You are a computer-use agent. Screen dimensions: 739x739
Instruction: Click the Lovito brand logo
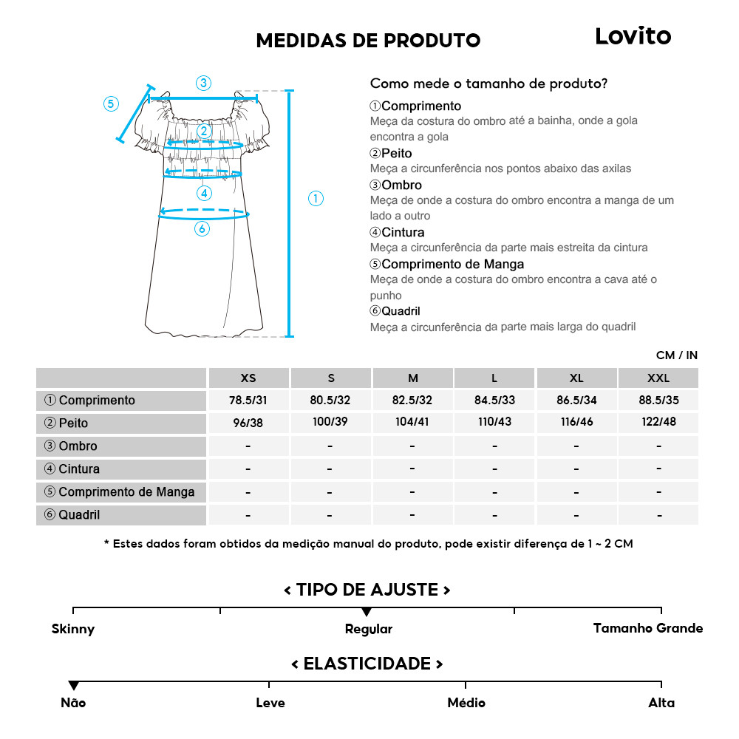pos(633,36)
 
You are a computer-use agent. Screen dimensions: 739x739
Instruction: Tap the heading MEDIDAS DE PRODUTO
pos(368,41)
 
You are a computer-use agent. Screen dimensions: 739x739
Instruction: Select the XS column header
pos(248,378)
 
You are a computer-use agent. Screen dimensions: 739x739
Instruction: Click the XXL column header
pos(658,378)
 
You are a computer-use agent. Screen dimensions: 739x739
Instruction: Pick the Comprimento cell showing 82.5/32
pos(412,401)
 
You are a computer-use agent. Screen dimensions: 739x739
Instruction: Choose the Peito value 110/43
pos(494,423)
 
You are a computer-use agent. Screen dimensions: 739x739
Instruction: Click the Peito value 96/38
pos(248,423)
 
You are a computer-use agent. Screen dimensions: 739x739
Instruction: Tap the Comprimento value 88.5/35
pos(658,401)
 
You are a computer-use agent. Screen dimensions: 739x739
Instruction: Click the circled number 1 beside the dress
pos(316,198)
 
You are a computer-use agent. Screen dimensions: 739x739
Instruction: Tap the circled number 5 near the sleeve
pos(111,103)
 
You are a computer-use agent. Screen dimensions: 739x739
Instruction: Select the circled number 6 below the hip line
pos(202,229)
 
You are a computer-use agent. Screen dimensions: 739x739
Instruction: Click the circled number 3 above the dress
pos(203,83)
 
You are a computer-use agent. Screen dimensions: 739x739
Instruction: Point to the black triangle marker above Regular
pos(367,612)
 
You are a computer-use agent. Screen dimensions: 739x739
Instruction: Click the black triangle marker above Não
pos(73,686)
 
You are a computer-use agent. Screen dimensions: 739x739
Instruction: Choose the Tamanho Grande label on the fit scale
pos(648,628)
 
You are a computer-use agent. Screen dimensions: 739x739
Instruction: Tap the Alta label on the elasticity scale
pos(661,703)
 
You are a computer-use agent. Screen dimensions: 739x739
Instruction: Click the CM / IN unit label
pos(676,355)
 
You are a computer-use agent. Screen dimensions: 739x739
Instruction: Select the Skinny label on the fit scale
pos(73,630)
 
